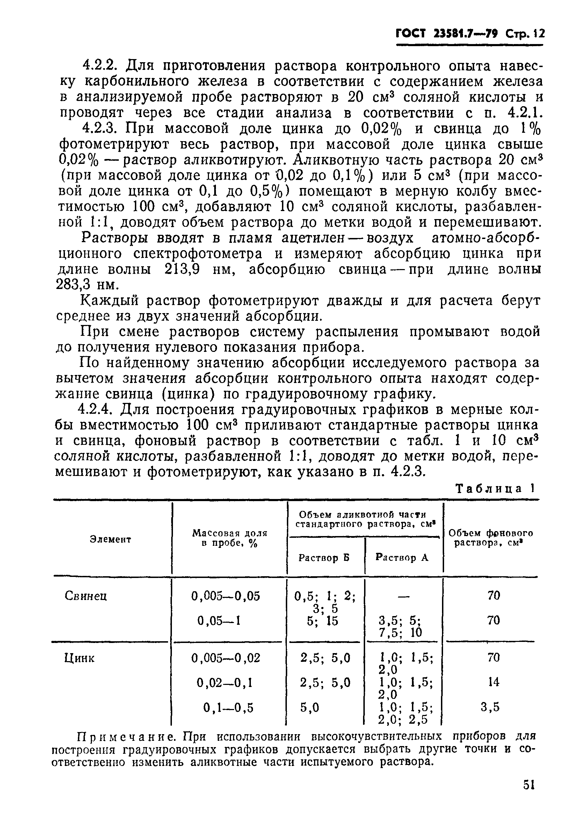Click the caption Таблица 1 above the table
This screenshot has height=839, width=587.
point(496,489)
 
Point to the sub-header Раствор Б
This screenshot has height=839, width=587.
point(324,558)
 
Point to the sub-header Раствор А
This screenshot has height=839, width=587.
point(402,557)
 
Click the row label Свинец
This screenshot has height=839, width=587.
point(86,596)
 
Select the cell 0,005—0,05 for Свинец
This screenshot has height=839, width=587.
point(225,596)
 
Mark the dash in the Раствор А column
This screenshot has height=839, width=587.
point(403,596)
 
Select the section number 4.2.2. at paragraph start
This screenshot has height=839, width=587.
point(100,66)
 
